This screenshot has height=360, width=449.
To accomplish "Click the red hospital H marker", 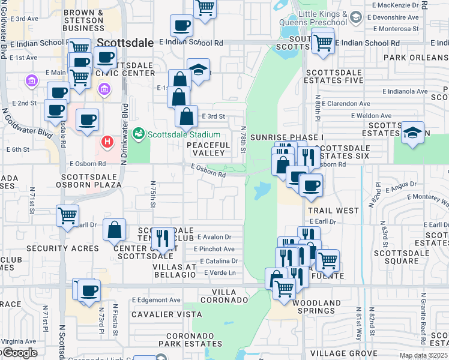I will (107, 142).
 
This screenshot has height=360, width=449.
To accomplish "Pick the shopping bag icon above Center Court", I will (114, 230).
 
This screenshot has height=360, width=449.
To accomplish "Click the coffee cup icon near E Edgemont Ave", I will (89, 290).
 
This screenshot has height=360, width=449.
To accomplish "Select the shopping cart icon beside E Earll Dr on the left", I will (67, 215).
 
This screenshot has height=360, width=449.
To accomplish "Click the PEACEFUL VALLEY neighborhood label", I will (208, 149).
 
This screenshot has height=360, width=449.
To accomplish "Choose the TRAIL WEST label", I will (333, 211).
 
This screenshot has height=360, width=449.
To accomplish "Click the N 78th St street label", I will (244, 138).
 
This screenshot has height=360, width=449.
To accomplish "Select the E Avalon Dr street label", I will (215, 236).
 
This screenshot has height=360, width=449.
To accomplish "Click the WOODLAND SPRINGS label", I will (316, 307).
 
